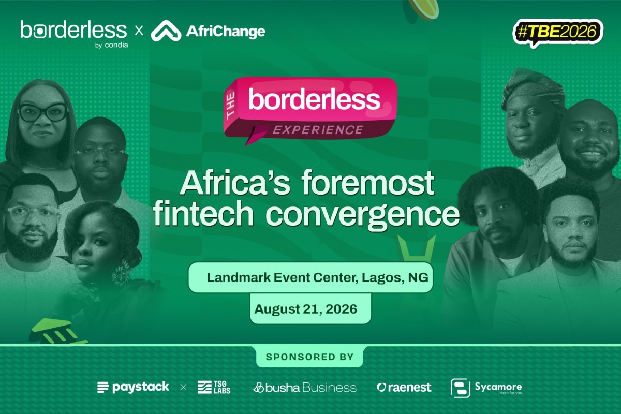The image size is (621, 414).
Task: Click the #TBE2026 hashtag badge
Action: [x=558, y=32]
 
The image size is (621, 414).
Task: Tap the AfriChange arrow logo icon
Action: [x=166, y=31]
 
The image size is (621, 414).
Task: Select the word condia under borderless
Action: [x=116, y=45]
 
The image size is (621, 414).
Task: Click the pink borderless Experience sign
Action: [x=310, y=110]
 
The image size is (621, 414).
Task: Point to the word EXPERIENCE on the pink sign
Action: [x=318, y=130]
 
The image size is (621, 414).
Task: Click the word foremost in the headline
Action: [x=368, y=183]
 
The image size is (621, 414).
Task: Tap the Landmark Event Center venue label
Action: [x=310, y=277]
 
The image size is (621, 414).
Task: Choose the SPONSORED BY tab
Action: [x=309, y=357]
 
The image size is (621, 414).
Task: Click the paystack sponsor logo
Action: [x=133, y=387]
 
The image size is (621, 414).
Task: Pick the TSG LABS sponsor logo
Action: [x=214, y=387]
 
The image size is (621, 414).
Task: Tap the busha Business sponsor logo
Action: [x=305, y=388]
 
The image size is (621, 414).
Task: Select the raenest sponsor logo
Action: [x=404, y=388]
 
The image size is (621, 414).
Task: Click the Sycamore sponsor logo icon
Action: [x=460, y=388]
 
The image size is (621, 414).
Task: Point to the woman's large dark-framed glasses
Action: [x=43, y=112]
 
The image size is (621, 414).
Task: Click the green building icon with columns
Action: [x=57, y=331]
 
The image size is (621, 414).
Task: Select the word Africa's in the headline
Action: [x=235, y=183]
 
